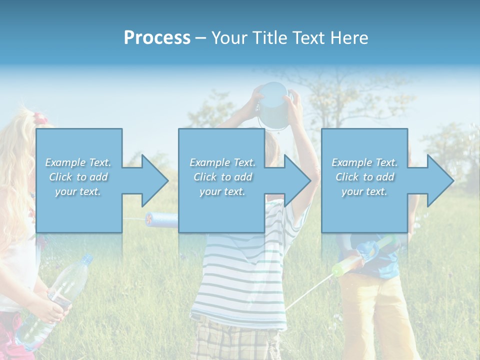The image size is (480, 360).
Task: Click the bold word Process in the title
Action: pyautogui.click(x=157, y=38)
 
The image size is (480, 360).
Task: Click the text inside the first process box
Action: pyautogui.click(x=78, y=177)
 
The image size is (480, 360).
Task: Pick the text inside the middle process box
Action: pyautogui.click(x=222, y=177)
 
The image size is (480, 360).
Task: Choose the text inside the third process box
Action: pyautogui.click(x=364, y=177)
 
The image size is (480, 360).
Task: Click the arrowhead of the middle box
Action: pyautogui.click(x=297, y=180)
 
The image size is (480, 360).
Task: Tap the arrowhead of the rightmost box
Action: pyautogui.click(x=440, y=180)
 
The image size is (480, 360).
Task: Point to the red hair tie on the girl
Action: pyautogui.click(x=40, y=119)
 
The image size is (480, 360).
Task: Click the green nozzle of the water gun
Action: pyautogui.click(x=338, y=270)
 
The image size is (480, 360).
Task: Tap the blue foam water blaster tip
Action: pyautogui.click(x=150, y=218)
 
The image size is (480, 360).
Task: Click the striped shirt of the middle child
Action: pyautogui.click(x=240, y=275)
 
